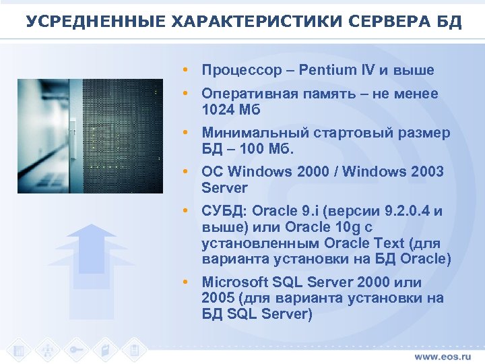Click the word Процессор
coord(241,70)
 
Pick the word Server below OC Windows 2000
coord(225,187)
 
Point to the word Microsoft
coord(236,282)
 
